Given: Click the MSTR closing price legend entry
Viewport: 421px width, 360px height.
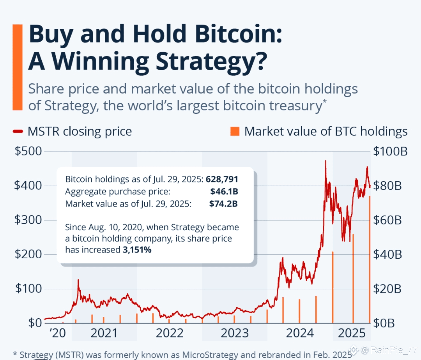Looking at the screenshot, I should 72,131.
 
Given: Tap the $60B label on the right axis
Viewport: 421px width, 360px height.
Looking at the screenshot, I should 387,220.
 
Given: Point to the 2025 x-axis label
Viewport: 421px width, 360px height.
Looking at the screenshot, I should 351,333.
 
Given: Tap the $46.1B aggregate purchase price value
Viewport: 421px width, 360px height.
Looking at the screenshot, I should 223,192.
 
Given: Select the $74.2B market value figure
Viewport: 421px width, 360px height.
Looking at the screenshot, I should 223,203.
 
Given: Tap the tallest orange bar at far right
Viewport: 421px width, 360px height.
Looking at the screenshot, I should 370,259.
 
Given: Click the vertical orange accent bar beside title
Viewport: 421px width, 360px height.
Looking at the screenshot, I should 18,67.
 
